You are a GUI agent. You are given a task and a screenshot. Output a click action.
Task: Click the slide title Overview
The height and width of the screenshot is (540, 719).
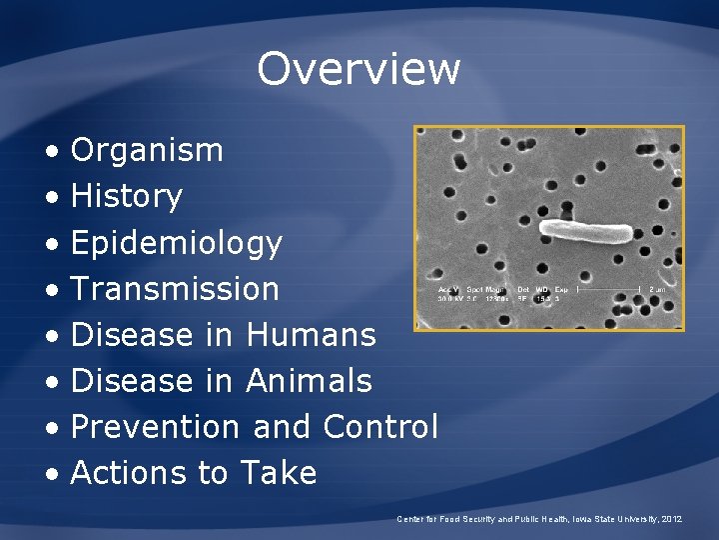tap(359, 69)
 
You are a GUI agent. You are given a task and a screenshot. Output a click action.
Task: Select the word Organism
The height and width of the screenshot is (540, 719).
tap(147, 151)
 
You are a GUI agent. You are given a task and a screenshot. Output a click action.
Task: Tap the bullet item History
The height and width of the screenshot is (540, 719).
tap(126, 197)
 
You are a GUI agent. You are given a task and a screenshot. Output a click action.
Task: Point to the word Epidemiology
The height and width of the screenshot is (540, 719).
tap(177, 243)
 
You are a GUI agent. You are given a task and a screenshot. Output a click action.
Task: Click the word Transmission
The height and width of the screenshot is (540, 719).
tap(175, 289)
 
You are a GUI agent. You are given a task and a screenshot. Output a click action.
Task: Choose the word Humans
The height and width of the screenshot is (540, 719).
tap(311, 335)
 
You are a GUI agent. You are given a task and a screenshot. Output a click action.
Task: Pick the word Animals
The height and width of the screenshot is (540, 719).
tap(309, 381)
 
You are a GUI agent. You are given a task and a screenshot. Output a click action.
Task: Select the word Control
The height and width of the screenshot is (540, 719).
tap(380, 427)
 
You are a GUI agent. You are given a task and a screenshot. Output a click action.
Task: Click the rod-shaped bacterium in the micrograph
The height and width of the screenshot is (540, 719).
tap(585, 232)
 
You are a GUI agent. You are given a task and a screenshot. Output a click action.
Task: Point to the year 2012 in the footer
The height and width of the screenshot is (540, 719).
tap(671, 520)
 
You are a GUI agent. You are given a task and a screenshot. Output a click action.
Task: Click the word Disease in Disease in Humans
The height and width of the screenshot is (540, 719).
tap(134, 335)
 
